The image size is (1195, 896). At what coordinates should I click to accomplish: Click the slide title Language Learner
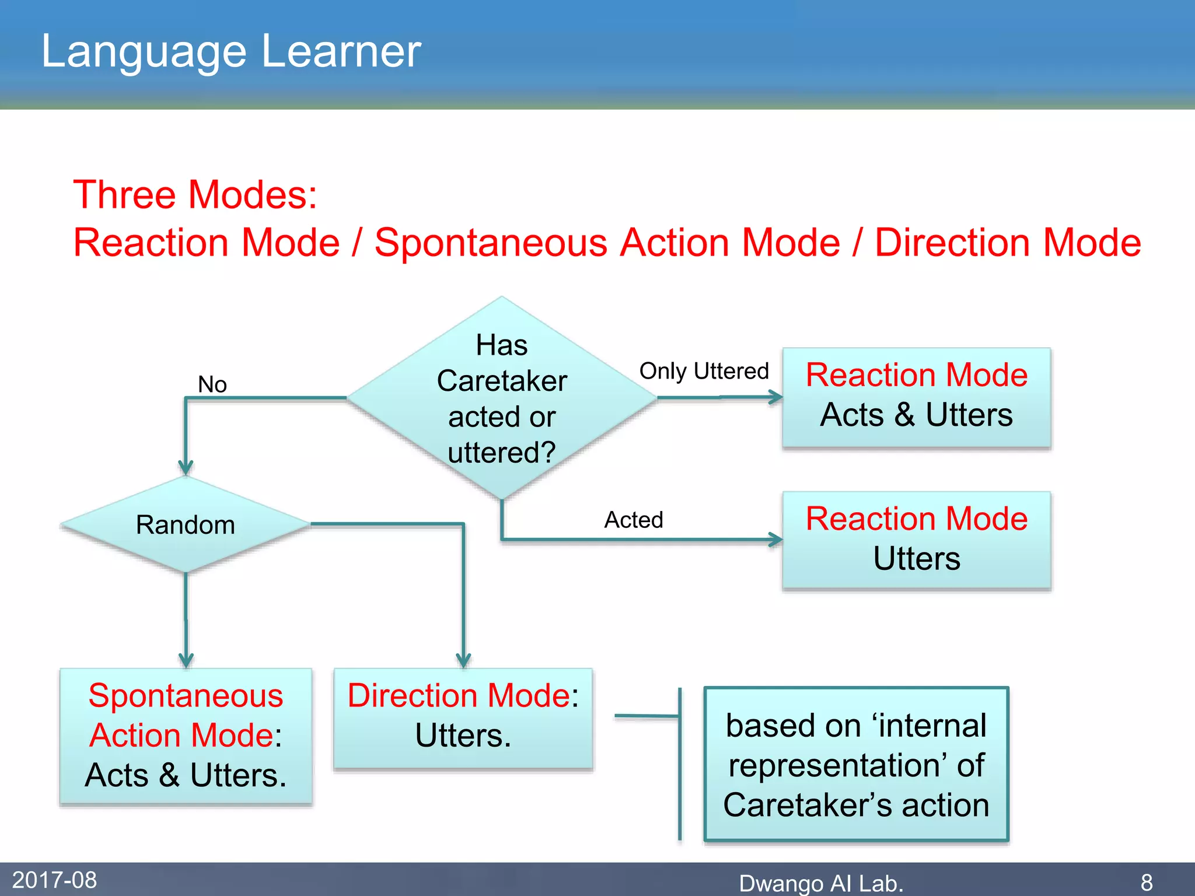click(x=231, y=51)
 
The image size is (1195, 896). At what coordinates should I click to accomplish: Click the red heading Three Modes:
click(x=195, y=194)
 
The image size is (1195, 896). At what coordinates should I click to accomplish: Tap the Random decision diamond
click(x=186, y=524)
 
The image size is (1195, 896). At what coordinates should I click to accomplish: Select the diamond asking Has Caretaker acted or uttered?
click(x=502, y=398)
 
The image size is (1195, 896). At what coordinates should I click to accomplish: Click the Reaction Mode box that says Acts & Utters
click(x=916, y=397)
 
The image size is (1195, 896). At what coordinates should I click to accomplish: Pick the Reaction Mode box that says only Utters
click(x=916, y=540)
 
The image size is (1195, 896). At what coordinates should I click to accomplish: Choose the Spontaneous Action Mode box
click(x=186, y=736)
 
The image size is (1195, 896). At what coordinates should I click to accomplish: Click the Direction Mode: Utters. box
click(x=463, y=717)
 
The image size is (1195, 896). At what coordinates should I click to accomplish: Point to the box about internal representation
click(x=856, y=764)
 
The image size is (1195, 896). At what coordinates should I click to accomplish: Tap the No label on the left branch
click(x=212, y=384)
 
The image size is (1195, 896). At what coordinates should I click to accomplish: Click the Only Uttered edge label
click(x=704, y=371)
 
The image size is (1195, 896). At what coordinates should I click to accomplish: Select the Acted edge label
click(x=634, y=520)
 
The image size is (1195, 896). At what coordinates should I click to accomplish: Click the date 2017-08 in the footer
click(x=54, y=880)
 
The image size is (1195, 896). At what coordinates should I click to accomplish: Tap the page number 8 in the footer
click(x=1147, y=882)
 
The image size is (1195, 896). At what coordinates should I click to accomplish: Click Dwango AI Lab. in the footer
click(x=820, y=883)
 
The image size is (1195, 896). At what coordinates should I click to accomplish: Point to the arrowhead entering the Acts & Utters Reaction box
click(x=777, y=397)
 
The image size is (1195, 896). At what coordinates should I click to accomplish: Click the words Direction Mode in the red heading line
click(x=1008, y=243)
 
